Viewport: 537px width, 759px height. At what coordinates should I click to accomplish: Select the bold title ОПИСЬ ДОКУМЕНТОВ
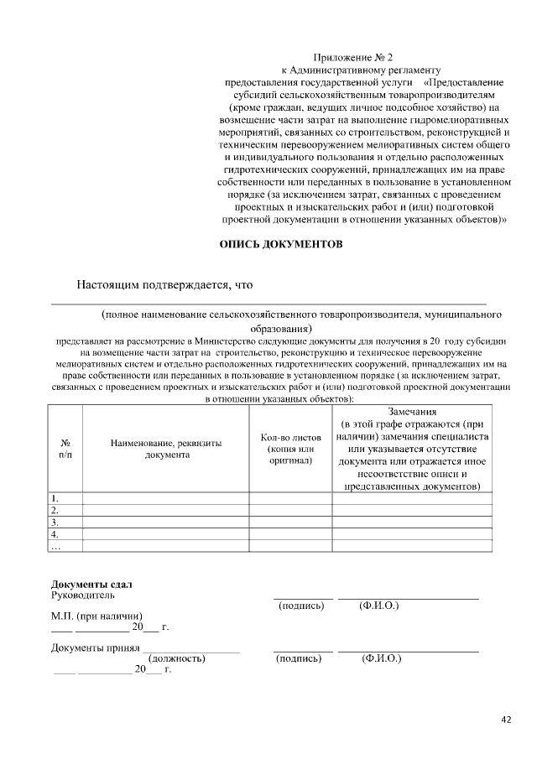281,245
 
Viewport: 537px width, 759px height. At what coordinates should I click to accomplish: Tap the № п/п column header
65,448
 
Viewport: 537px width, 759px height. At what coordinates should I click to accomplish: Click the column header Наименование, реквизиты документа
166,448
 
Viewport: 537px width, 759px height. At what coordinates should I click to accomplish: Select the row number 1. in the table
55,497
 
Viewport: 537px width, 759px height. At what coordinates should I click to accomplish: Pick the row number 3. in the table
55,522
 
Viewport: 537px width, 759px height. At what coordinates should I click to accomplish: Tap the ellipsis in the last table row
56,546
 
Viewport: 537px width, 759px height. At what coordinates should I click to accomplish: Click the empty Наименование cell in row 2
165,509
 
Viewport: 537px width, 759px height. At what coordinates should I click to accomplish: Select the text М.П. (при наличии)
95,616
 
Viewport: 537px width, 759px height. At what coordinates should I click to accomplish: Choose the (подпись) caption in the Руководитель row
300,606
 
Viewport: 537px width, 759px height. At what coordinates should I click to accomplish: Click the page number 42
506,719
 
